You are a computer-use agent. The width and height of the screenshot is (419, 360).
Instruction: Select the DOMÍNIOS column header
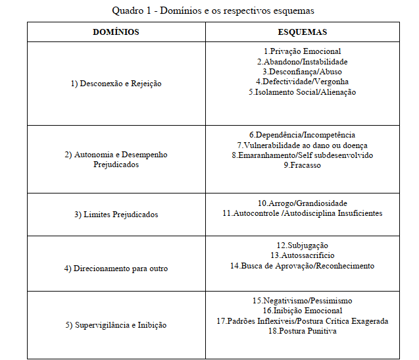116,32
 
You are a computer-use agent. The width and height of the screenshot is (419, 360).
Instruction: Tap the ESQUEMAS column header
302,32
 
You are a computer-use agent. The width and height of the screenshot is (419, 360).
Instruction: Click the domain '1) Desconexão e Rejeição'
116,84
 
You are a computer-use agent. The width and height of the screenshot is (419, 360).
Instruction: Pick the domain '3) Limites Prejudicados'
116,215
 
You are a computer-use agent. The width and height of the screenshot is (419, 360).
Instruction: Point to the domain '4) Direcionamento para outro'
116,269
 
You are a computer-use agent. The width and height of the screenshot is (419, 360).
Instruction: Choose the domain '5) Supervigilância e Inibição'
116,325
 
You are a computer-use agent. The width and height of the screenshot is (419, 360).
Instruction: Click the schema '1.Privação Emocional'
302,51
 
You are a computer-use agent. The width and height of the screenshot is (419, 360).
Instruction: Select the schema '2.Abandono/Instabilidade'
302,61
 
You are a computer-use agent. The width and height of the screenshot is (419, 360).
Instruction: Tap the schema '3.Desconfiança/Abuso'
302,72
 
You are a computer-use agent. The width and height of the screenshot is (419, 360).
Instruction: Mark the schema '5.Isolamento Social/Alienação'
302,92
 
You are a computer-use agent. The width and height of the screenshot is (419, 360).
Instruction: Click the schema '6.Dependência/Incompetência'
302,135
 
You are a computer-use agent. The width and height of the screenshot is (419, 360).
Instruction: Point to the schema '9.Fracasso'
302,165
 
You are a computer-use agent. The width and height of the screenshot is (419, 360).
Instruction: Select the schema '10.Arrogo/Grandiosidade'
302,203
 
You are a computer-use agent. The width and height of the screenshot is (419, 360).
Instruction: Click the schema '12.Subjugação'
302,245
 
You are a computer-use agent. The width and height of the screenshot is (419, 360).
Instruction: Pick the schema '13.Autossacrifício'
302,255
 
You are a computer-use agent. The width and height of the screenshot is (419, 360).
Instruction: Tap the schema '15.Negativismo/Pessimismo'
302,300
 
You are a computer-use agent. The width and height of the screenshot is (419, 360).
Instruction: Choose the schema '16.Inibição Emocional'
302,311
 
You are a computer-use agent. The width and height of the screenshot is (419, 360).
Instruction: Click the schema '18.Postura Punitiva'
302,331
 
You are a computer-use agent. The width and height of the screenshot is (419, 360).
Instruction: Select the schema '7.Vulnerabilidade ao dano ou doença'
302,145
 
